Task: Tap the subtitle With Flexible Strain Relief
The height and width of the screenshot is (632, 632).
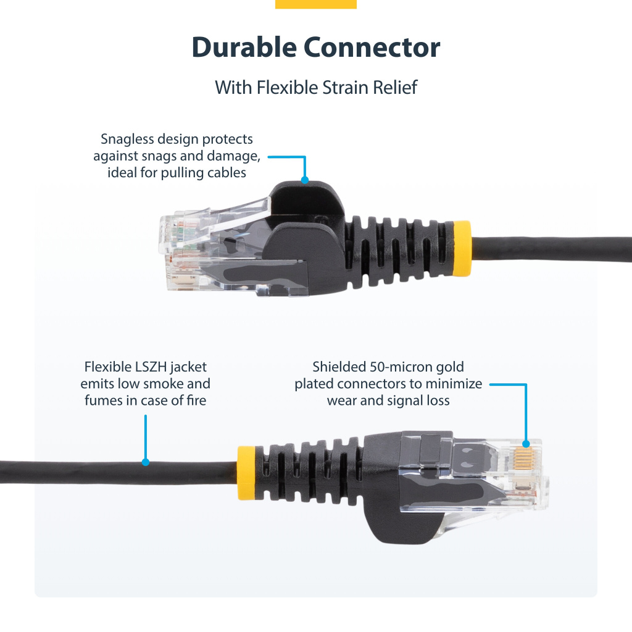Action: [316, 87]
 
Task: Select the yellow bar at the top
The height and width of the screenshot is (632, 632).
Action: [316, 4]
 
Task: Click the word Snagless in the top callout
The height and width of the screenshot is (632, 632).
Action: [127, 139]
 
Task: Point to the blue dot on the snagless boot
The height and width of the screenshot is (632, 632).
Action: [304, 180]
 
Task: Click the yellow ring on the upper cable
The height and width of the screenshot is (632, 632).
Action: [462, 248]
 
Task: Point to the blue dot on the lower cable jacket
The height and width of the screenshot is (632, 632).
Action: [146, 462]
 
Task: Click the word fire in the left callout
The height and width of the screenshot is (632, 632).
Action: [194, 400]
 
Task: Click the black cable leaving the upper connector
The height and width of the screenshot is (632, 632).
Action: [549, 248]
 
